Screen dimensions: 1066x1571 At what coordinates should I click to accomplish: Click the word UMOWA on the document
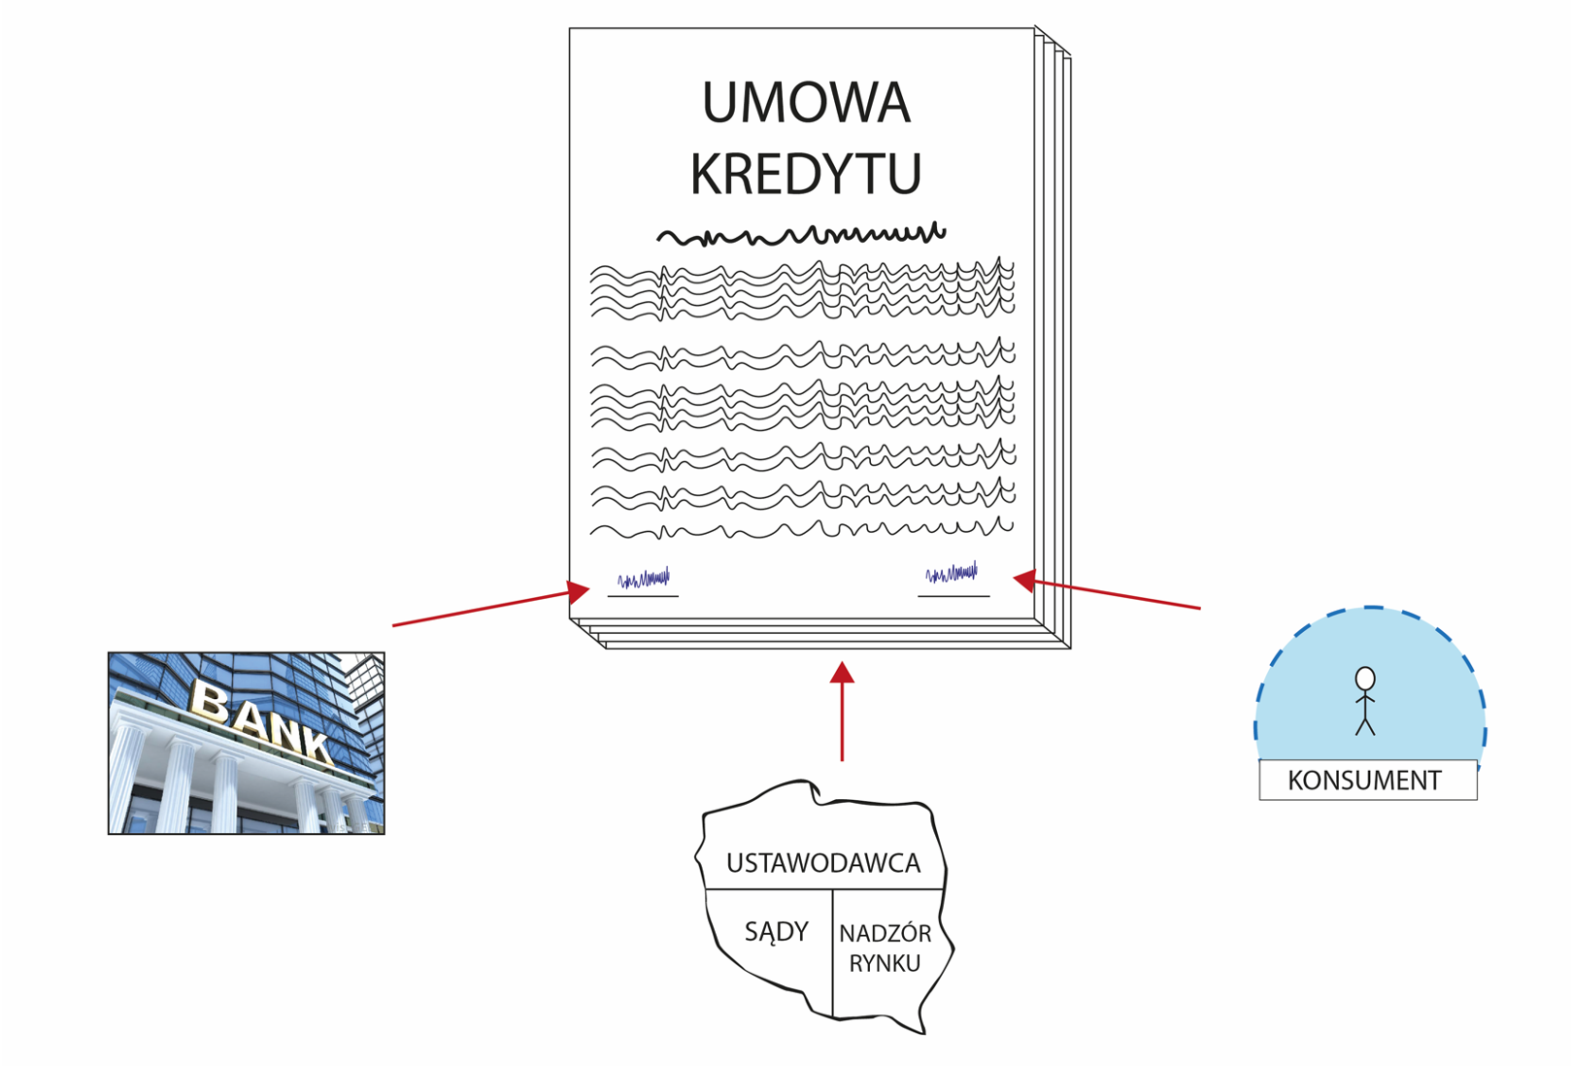(x=806, y=104)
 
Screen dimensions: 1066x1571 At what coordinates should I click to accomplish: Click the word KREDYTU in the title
(x=806, y=174)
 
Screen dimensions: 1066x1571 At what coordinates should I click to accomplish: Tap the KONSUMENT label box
(x=1367, y=781)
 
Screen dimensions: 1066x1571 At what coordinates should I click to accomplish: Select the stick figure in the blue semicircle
(x=1365, y=701)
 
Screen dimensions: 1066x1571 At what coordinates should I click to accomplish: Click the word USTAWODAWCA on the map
(x=822, y=863)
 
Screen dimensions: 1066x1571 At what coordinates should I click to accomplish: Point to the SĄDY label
(x=776, y=932)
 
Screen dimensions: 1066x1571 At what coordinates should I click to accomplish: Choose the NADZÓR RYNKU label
(x=885, y=949)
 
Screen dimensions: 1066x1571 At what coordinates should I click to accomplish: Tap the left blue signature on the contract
(x=644, y=579)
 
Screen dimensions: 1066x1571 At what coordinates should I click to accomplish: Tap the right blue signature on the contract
(x=952, y=574)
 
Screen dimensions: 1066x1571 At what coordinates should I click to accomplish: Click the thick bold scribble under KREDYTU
(x=801, y=235)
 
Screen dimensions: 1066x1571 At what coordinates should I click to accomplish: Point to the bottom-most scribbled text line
(x=801, y=530)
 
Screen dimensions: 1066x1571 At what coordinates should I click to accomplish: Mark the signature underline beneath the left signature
(x=643, y=596)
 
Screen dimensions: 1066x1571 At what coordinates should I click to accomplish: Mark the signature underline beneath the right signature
(x=953, y=596)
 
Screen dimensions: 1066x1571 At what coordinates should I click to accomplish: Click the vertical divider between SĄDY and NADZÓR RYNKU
(x=833, y=951)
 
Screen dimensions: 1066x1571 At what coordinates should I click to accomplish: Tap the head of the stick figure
(x=1365, y=679)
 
